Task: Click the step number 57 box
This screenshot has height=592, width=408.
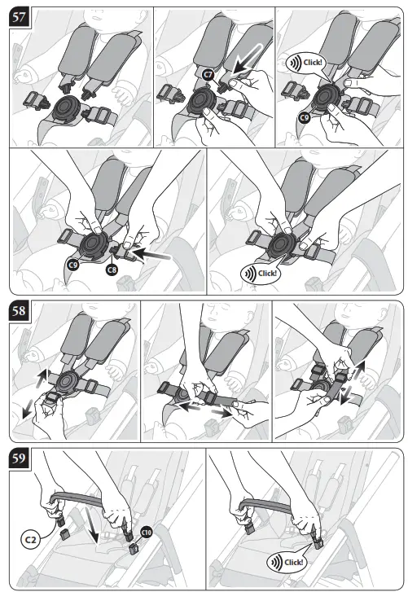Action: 19,18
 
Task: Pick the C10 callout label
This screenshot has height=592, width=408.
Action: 147,532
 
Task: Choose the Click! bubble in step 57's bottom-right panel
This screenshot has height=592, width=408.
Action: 260,273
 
